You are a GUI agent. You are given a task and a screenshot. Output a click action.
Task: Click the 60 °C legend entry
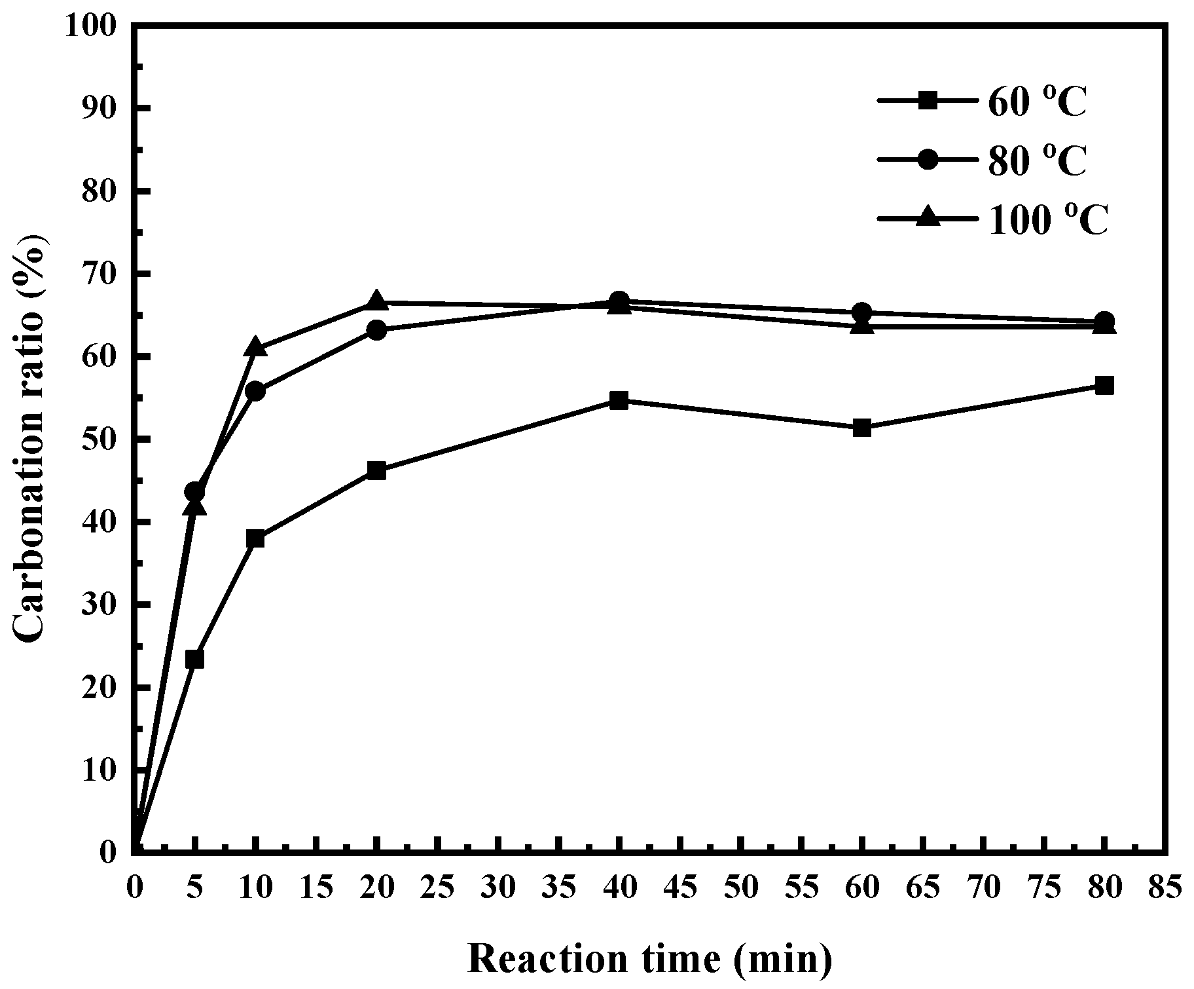coord(982,102)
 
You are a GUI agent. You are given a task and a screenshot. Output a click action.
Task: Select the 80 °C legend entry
coord(982,160)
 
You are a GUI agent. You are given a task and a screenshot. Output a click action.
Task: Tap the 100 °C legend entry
coord(992,219)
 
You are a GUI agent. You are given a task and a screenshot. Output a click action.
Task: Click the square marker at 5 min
coord(194,659)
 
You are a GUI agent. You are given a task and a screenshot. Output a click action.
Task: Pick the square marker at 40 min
coord(619,400)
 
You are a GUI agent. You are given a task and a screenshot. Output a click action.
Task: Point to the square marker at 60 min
coord(862,428)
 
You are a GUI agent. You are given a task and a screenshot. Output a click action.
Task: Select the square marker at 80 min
coord(1104,385)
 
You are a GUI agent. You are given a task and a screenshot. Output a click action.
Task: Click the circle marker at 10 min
coord(255,392)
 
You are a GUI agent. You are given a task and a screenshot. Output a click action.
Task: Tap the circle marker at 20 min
coord(376,329)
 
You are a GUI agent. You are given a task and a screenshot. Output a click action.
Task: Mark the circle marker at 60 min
coord(862,312)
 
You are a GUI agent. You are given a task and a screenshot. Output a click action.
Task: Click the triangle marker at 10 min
coord(255,346)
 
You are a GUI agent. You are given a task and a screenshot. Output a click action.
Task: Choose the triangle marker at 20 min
coord(376,300)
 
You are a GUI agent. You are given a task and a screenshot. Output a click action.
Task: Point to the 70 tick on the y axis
coord(98,274)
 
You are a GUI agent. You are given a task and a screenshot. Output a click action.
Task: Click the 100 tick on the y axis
coord(92,26)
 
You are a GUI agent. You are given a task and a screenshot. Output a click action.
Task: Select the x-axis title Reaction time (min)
coord(650,960)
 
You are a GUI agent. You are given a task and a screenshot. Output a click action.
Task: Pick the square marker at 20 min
coord(376,470)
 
